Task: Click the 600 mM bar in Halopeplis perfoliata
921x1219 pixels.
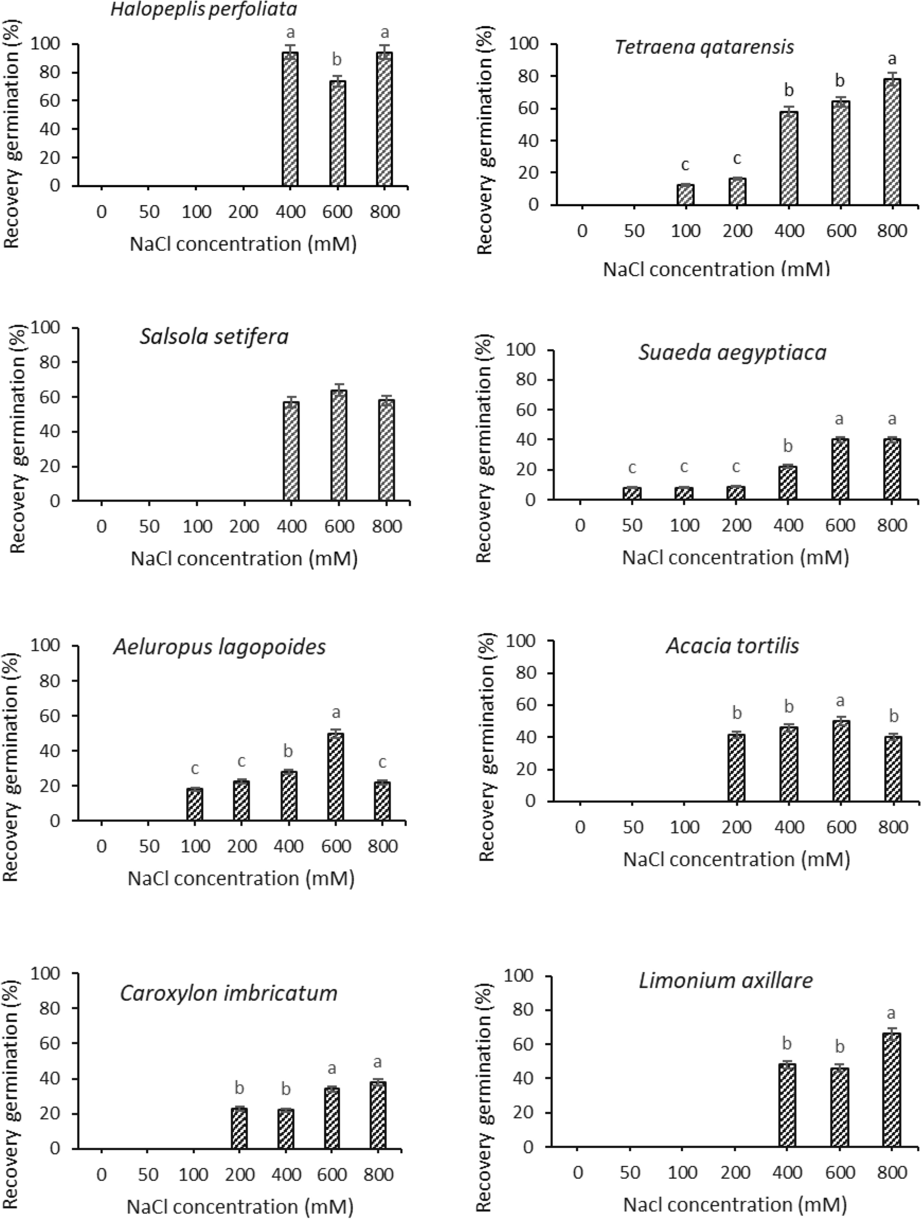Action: [x=337, y=133]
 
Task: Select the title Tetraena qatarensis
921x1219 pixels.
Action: [x=705, y=47]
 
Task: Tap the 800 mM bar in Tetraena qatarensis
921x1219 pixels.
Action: [x=892, y=142]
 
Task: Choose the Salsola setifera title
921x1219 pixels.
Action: [x=214, y=336]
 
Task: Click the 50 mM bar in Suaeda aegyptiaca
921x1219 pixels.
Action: [x=632, y=493]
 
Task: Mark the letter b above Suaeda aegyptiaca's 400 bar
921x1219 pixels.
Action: [x=788, y=445]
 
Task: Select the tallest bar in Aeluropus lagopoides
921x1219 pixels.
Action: [x=336, y=777]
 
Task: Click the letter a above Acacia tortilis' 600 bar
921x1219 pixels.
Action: [x=840, y=701]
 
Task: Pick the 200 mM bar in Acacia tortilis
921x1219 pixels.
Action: [x=736, y=767]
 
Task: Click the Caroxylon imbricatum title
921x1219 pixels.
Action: [x=229, y=993]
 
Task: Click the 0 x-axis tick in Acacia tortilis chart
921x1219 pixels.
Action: [x=580, y=827]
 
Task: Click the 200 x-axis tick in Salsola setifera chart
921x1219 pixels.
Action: [x=244, y=527]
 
